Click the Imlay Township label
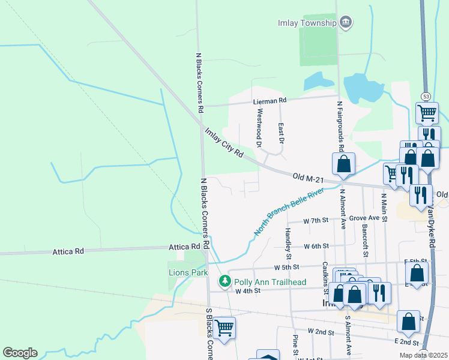tap(306, 23)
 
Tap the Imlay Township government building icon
tap(345, 23)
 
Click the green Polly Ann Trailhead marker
tap(224, 281)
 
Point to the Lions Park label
tap(188, 272)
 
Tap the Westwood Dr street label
tap(260, 127)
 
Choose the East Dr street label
tap(280, 133)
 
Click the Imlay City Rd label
tap(223, 143)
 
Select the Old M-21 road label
tap(309, 177)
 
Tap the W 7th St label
tap(316, 221)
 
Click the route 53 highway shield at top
tap(425, 97)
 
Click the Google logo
tap(20, 353)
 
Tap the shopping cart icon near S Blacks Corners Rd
tap(224, 328)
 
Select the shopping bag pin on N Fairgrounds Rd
tap(343, 163)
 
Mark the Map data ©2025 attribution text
tap(424, 355)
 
